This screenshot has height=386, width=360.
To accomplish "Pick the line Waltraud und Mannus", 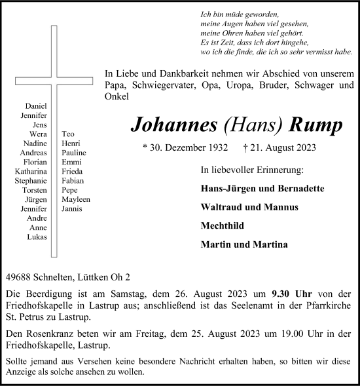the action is coord(251,206).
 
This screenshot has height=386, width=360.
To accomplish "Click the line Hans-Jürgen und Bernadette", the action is coord(263,187).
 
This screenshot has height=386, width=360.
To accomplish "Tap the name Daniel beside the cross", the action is coord(36,106).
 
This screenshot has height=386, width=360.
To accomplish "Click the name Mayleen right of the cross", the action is coord(76,199).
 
